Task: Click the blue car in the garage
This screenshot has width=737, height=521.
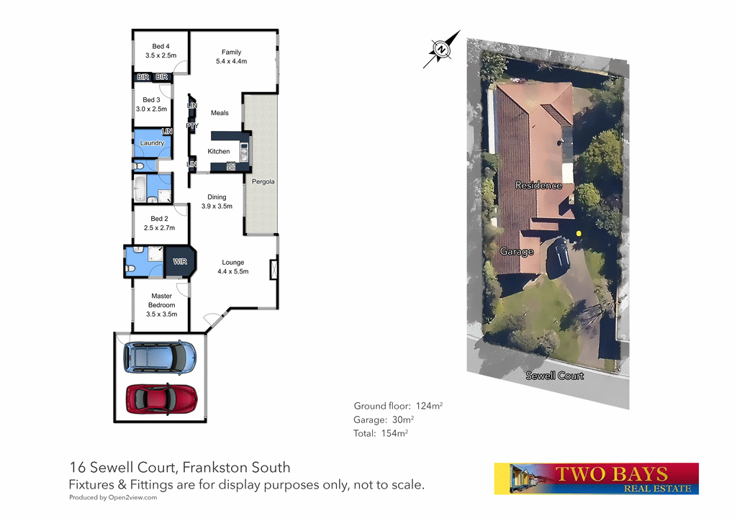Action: [x=159, y=356]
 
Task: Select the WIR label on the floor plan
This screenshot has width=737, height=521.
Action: [x=180, y=261]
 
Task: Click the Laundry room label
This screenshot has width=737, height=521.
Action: [x=152, y=143]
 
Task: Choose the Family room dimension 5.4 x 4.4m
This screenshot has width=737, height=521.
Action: [x=231, y=61]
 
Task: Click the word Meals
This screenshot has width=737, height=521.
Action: [x=220, y=113]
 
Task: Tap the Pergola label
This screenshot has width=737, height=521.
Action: [x=263, y=181]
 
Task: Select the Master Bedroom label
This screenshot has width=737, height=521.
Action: [x=162, y=300]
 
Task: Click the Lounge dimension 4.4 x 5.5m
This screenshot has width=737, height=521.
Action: [x=232, y=271]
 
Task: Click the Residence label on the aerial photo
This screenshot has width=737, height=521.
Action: [x=538, y=186]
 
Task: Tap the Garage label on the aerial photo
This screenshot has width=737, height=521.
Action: [x=517, y=252]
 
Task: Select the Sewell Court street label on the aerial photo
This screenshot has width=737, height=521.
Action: [x=554, y=376]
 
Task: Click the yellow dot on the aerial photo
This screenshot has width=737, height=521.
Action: [x=577, y=232]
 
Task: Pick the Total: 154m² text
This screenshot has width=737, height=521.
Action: [x=380, y=433]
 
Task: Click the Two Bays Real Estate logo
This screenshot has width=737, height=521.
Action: [x=596, y=479]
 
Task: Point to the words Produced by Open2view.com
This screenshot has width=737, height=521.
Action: [x=113, y=497]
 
